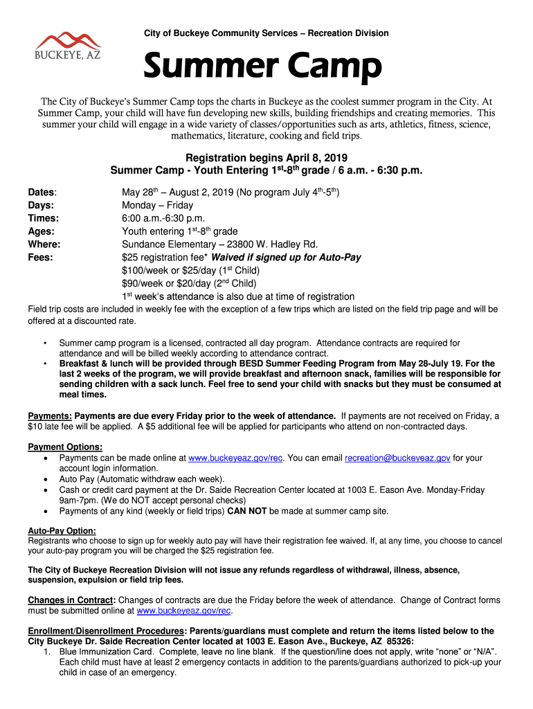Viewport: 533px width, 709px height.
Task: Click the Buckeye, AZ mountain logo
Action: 68,46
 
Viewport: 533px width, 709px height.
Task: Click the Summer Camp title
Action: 262,68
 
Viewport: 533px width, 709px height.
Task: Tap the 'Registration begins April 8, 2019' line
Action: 266,158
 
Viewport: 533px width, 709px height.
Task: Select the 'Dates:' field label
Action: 42,192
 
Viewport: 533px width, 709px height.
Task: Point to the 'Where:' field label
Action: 44,244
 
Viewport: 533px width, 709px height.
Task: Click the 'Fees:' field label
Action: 41,258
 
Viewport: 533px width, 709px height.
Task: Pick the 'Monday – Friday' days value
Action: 157,205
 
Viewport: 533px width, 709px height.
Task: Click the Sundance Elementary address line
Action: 219,244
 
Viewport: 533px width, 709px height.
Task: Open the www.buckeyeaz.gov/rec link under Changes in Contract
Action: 184,611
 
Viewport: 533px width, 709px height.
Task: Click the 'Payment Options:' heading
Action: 65,447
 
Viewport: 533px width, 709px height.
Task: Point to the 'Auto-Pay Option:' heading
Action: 62,530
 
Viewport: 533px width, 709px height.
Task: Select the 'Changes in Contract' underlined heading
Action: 70,600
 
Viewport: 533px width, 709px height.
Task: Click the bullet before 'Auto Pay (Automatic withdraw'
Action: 46,479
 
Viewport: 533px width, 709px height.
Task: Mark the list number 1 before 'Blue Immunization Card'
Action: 46,652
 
